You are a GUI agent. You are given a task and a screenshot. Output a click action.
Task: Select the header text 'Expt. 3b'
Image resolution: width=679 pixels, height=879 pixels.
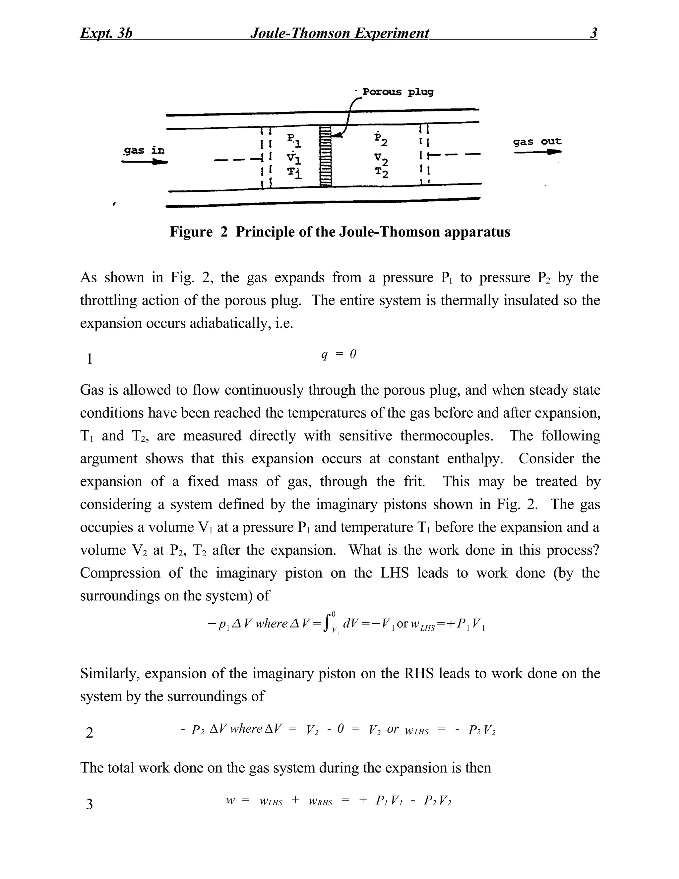click(x=106, y=33)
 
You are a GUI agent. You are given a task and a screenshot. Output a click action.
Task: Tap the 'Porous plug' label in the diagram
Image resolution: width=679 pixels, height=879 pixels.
click(x=398, y=92)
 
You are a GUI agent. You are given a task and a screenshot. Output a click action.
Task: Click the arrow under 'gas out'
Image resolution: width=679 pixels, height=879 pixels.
click(x=537, y=152)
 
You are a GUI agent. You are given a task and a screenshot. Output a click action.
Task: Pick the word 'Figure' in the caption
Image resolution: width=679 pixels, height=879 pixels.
click(x=191, y=232)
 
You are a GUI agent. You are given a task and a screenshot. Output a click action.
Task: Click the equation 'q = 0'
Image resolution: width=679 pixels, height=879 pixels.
click(x=339, y=354)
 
